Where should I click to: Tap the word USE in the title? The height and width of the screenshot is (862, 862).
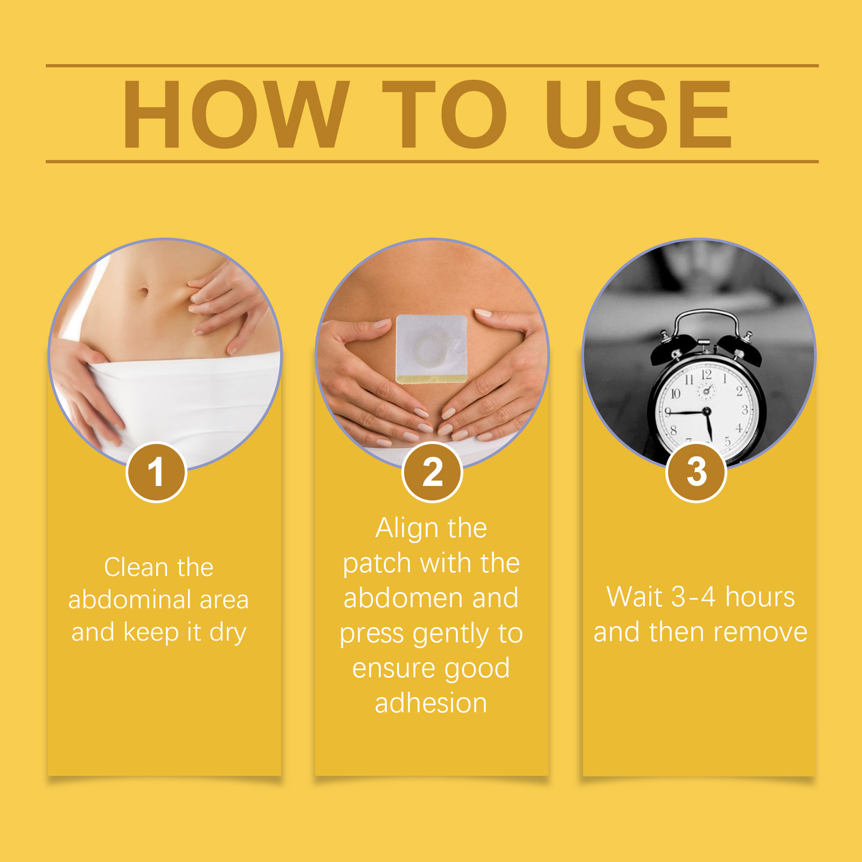pyautogui.click(x=639, y=114)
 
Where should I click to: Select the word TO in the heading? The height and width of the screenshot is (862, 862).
pyautogui.click(x=445, y=114)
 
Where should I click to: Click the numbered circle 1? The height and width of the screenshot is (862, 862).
pyautogui.click(x=156, y=472)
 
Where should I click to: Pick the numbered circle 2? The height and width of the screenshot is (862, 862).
pyautogui.click(x=432, y=472)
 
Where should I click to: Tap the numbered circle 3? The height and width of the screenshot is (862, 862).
pyautogui.click(x=696, y=472)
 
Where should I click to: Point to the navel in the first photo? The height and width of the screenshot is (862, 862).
pyautogui.click(x=144, y=292)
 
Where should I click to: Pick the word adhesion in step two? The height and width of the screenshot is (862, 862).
pyautogui.click(x=431, y=703)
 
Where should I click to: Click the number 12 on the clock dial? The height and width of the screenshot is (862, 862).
pyautogui.click(x=706, y=374)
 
